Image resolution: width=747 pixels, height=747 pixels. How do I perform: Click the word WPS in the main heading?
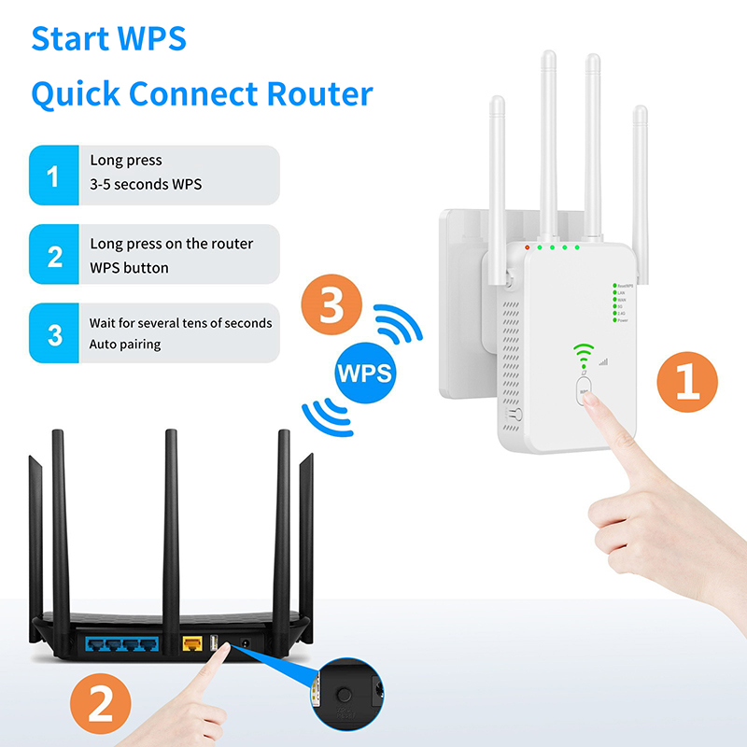150,39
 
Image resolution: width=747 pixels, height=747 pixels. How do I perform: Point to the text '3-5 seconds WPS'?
146,184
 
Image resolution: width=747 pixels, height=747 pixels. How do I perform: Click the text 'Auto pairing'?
125,345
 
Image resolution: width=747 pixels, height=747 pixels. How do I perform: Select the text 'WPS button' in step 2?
129,268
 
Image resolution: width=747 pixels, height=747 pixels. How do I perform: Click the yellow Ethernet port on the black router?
193,643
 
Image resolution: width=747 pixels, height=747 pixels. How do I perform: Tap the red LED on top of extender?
528,247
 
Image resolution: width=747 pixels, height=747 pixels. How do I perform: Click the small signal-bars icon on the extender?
603,360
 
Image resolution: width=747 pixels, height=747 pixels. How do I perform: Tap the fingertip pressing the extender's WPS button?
590,402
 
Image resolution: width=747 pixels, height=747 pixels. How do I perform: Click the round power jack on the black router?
245,642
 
